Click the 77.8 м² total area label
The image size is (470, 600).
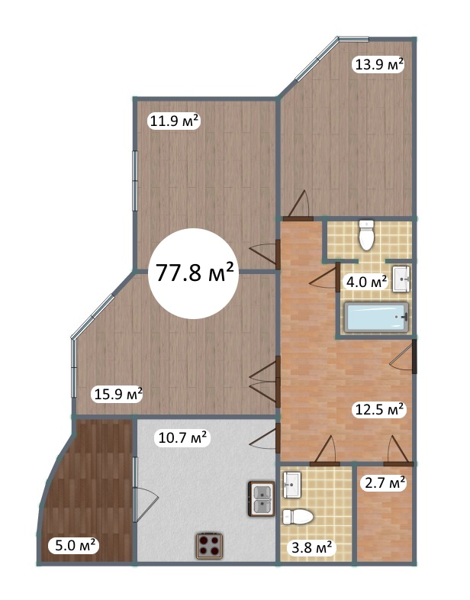195,273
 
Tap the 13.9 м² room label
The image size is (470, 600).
379,64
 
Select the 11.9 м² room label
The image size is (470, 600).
174,121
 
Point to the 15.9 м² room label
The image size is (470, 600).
118,394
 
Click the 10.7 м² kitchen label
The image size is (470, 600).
182,437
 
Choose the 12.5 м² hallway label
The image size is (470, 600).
379,409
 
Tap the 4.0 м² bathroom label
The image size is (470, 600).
366,282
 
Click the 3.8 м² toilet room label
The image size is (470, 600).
311,548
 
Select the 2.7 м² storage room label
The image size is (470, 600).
385,483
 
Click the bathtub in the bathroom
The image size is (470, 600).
376,318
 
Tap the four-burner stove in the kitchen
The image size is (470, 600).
210,546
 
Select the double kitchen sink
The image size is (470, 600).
262,498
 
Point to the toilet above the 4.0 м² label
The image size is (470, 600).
366,235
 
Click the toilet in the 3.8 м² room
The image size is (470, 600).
298,517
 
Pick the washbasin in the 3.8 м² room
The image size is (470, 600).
292,485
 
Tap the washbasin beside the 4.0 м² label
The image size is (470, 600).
401,279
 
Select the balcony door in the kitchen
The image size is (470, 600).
144,499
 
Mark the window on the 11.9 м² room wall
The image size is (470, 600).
134,181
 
